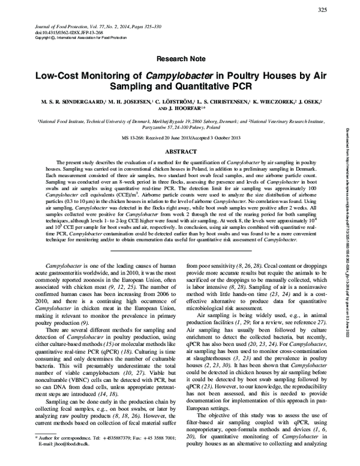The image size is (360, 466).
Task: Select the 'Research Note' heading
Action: pos(180,60)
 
